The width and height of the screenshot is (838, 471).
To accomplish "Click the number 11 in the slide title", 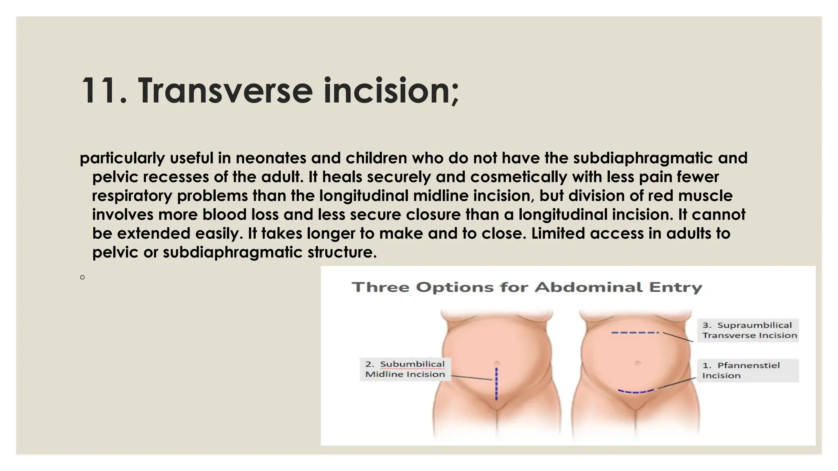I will coord(98,91).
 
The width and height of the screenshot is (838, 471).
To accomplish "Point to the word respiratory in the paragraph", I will coord(132,196).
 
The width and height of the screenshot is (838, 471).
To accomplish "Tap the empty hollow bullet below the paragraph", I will coord(83,278).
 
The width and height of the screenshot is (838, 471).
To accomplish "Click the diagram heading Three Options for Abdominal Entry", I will coord(527,287).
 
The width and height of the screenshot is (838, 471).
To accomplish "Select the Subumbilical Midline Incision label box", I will coord(405,369).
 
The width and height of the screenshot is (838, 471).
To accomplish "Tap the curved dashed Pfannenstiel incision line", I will coord(635,392).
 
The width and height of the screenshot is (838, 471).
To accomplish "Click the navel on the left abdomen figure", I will coord(496,363).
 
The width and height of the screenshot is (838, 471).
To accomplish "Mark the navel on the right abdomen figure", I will coord(637,363).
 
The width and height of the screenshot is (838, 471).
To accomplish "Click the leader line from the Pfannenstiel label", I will coord(676,383).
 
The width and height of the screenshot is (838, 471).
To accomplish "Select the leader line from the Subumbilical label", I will coord(471,378).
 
